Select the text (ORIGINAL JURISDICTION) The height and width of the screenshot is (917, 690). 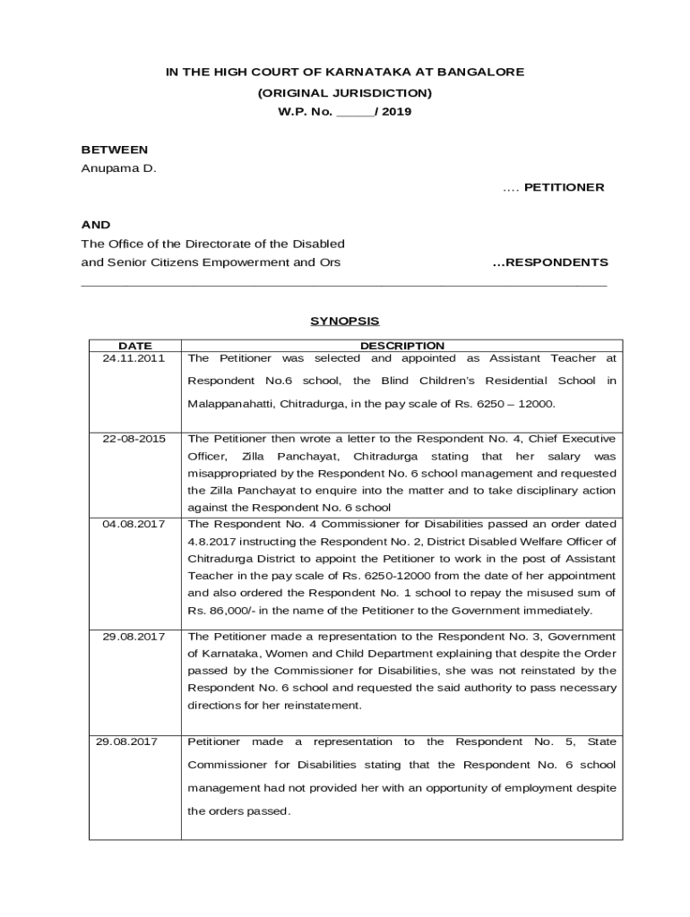click(x=345, y=92)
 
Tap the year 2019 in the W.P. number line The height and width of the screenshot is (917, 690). click(x=396, y=113)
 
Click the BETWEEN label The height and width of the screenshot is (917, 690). click(x=115, y=150)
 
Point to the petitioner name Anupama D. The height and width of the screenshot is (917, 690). click(x=118, y=168)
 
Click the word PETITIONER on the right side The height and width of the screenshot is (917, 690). click(x=565, y=187)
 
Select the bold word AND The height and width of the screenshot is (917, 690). click(x=96, y=225)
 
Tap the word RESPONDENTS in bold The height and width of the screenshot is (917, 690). click(x=557, y=262)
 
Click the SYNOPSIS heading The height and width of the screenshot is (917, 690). click(x=345, y=320)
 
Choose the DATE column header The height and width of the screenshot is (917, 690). click(x=135, y=346)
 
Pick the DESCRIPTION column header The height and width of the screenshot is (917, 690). click(x=401, y=346)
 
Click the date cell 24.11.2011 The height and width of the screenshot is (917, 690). click(x=134, y=358)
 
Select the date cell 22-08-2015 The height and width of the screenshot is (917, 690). click(x=134, y=439)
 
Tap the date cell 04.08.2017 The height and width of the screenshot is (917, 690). click(x=134, y=524)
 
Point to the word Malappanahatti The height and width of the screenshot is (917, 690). click(x=231, y=404)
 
